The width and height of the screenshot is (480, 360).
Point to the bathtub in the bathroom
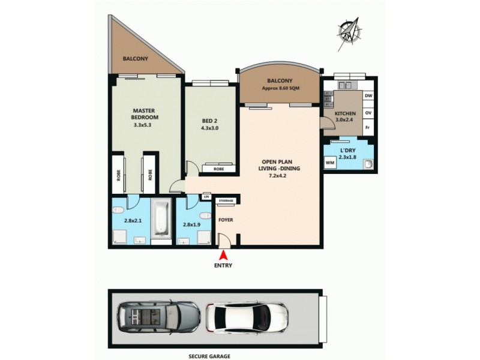tap(160, 219)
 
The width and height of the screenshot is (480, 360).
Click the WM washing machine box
tap(330, 163)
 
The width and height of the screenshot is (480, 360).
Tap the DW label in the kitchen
tap(368, 96)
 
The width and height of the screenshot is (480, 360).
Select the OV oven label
tap(368, 112)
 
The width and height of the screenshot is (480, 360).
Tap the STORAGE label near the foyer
tap(226, 201)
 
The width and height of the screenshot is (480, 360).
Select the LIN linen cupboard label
tap(206, 197)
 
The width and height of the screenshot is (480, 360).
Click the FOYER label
tap(226, 220)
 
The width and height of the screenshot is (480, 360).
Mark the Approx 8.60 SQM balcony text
tap(281, 88)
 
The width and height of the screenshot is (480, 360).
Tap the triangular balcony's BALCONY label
tap(136, 59)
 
